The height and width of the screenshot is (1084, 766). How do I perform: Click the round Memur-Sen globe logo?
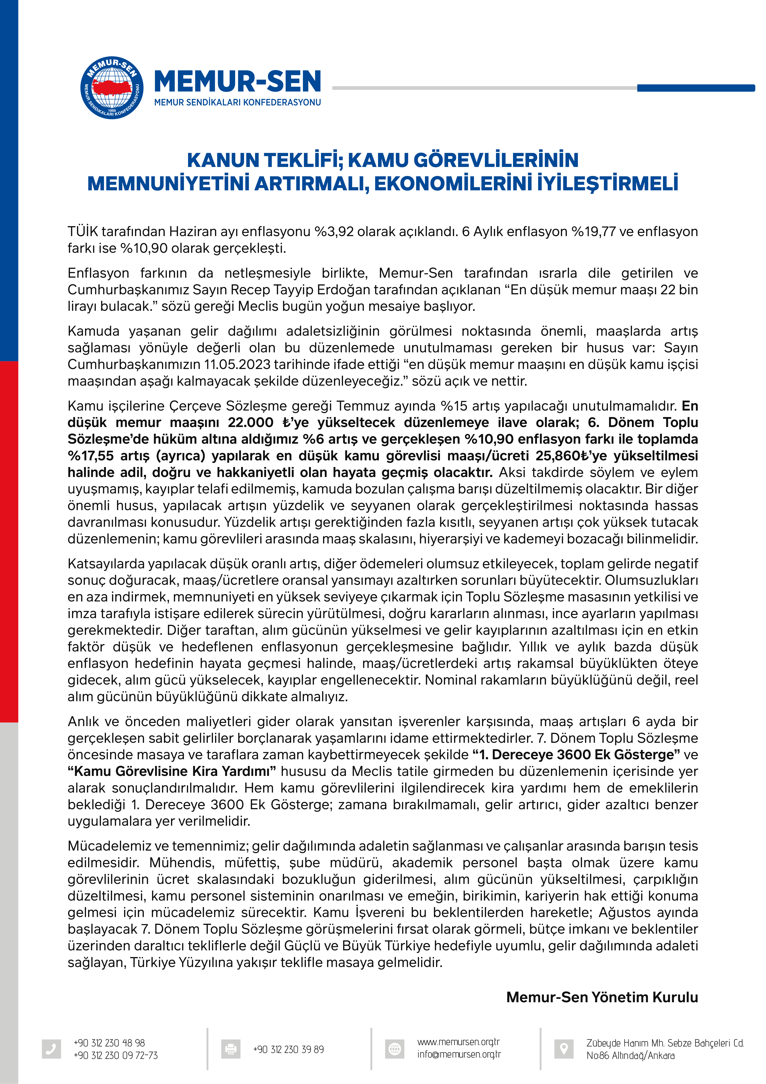tap(112, 88)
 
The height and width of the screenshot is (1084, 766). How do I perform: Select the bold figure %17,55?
tap(90, 456)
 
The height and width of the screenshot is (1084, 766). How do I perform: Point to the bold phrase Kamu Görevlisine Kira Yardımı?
tap(172, 771)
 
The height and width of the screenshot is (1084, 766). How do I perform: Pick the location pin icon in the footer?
tap(563, 1049)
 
